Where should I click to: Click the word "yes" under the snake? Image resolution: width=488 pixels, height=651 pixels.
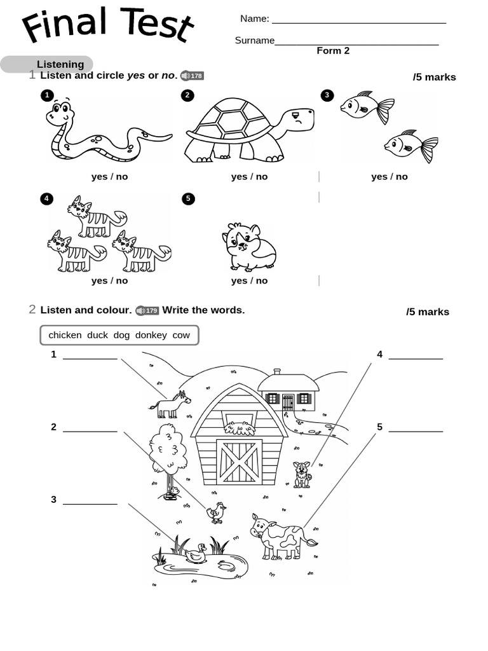[99, 177]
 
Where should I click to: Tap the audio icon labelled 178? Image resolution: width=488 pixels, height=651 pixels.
[192, 76]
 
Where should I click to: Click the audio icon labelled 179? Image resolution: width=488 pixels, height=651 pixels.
[147, 311]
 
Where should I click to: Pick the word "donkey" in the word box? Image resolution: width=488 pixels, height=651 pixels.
[151, 335]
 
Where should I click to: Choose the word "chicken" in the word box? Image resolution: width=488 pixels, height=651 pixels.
[65, 335]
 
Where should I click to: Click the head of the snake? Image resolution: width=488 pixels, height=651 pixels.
[60, 115]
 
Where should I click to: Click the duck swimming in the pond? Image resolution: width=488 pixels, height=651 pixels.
[196, 554]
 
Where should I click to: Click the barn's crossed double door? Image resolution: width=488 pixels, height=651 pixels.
[240, 462]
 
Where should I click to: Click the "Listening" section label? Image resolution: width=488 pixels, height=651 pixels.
[60, 64]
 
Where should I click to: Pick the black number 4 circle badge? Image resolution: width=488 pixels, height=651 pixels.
[46, 199]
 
